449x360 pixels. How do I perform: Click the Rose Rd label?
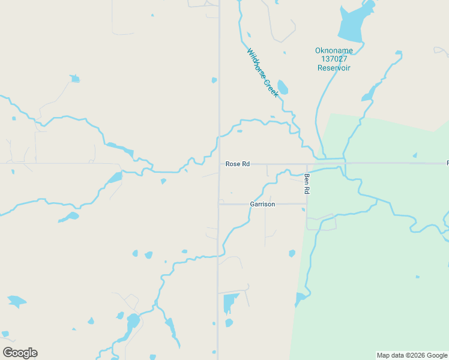click(x=237, y=164)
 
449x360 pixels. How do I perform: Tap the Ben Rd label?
click(x=306, y=184)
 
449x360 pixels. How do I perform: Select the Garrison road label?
click(x=262, y=204)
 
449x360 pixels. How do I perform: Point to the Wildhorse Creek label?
click(x=263, y=73)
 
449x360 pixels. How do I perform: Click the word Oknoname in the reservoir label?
click(x=334, y=50)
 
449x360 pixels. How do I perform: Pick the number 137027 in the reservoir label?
click(x=334, y=59)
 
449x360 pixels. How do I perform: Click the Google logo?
click(x=20, y=353)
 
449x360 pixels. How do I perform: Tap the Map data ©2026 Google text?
click(x=412, y=355)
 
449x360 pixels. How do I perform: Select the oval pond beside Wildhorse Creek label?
click(x=282, y=88)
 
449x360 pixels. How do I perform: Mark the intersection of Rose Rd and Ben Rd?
click(x=307, y=163)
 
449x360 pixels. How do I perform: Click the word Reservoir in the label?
click(x=334, y=68)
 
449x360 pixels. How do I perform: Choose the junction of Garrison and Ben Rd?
click(x=307, y=204)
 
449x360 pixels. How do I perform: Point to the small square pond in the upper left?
click(x=74, y=79)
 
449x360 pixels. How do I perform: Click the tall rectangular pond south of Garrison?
click(x=229, y=303)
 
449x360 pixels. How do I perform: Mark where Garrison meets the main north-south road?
click(x=218, y=204)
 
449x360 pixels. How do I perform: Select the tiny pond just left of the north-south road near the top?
click(x=214, y=80)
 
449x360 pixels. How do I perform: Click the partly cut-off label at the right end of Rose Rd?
click(x=447, y=163)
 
